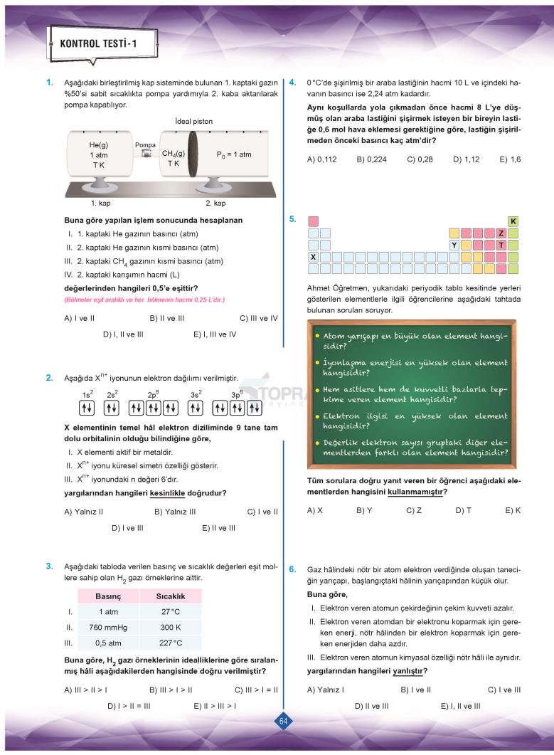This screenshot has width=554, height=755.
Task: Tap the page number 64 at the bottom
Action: click(283, 722)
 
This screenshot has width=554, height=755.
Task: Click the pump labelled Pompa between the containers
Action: click(146, 154)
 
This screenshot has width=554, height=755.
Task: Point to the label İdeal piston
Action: click(193, 122)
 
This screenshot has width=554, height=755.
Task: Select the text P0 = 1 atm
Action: click(233, 154)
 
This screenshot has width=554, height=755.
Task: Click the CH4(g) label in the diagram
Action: click(174, 153)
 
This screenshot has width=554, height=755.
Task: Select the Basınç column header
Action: click(109, 596)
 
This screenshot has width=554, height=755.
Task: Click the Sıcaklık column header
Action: click(171, 596)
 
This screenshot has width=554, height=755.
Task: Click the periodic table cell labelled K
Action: click(513, 221)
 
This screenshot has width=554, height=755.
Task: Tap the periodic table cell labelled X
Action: click(313, 256)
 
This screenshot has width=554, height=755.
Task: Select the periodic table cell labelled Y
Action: click(454, 245)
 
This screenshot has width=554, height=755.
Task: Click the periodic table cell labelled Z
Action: click(501, 233)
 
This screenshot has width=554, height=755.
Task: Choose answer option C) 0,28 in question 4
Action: click(420, 159)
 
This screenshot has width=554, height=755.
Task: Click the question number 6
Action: click(292, 570)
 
